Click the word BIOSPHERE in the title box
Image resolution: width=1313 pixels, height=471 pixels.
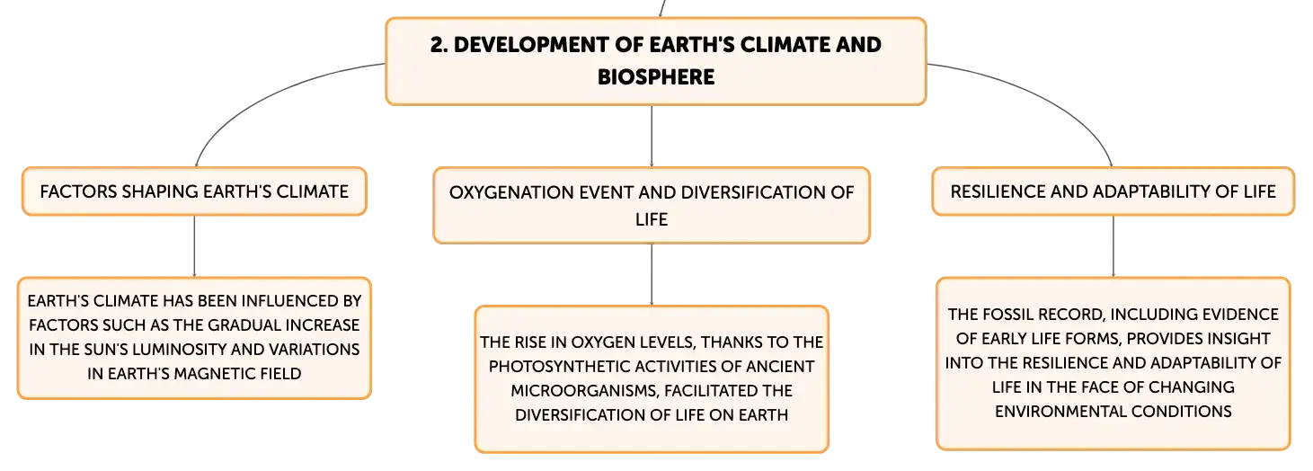[656, 76]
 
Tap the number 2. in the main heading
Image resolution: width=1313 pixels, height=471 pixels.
[439, 45]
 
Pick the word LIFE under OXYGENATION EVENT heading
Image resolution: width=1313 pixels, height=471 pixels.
[652, 219]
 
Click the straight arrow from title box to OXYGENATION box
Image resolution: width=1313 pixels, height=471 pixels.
[652, 137]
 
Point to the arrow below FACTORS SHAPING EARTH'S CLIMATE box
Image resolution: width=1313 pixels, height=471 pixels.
[194, 246]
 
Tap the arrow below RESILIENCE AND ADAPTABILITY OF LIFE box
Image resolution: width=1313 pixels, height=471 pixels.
[1113, 246]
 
